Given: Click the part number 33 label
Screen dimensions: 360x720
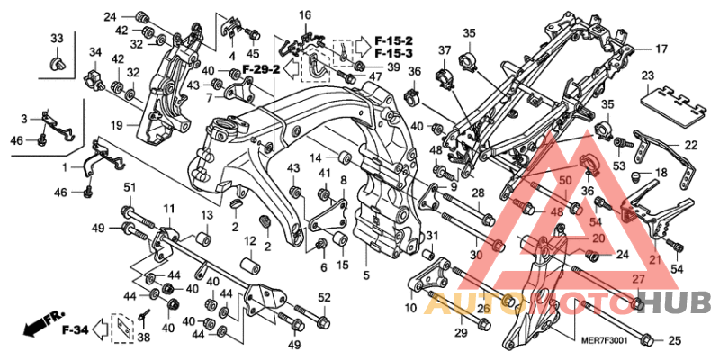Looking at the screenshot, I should pyautogui.click(x=57, y=38).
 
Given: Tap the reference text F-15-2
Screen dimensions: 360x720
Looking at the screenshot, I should pyautogui.click(x=394, y=41).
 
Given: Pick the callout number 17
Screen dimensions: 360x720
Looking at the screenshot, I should pyautogui.click(x=661, y=49).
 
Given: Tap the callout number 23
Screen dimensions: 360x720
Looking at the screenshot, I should pyautogui.click(x=648, y=75).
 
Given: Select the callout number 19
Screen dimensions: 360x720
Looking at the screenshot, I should pyautogui.click(x=117, y=124).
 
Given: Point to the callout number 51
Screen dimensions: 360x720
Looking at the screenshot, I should pyautogui.click(x=129, y=187).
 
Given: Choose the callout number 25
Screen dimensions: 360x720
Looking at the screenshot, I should pyautogui.click(x=675, y=340).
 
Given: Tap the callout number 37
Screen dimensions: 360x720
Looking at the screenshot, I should pyautogui.click(x=445, y=49).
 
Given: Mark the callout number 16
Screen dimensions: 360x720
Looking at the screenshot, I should pyautogui.click(x=305, y=15).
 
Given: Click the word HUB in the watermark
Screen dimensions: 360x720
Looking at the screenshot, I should pyautogui.click(x=680, y=302).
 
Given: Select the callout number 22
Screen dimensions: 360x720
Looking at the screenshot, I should pyautogui.click(x=690, y=145).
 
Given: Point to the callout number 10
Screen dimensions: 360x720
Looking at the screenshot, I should pyautogui.click(x=410, y=308).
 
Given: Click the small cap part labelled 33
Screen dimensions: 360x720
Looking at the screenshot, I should pyautogui.click(x=57, y=65).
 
